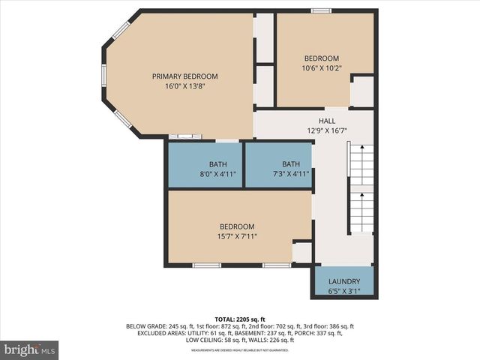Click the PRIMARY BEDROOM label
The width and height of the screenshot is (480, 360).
184,76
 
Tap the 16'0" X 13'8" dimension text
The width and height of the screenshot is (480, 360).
184,86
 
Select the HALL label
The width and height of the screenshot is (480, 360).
327,121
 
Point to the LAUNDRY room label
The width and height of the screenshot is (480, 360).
343,281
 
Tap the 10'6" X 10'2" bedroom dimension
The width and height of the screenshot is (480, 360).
321,68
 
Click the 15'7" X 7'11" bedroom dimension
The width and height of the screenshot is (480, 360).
237,236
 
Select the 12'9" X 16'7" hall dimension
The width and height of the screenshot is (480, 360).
327,130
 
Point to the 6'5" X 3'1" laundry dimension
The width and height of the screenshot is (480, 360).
343,291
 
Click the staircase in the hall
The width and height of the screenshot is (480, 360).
361,187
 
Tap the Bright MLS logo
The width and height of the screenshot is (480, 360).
30,349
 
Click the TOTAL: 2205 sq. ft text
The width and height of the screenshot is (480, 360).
239,319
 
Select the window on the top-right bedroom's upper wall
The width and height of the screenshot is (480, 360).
321,10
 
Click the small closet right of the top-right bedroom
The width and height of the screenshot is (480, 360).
362,91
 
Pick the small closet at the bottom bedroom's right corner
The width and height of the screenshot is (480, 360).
302,252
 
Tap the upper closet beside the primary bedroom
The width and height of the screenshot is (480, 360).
264,37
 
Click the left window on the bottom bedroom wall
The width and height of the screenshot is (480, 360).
206,265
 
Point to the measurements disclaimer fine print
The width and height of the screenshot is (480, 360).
239,350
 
